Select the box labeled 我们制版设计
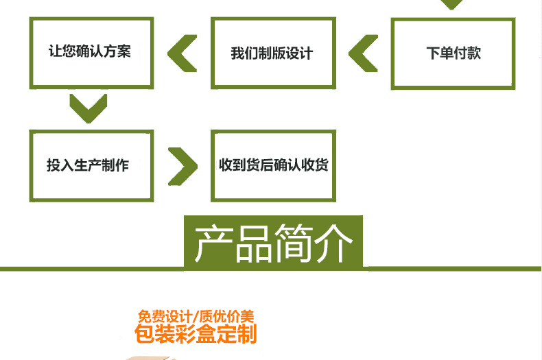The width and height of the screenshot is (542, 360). point(273,53)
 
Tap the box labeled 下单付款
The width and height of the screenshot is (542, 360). point(453,53)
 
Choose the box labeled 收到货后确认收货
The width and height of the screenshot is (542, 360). point(273,165)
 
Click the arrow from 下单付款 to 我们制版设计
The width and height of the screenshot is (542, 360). point(364,53)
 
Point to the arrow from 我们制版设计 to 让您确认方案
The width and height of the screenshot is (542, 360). point(182,53)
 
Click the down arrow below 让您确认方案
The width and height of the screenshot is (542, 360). point(88,108)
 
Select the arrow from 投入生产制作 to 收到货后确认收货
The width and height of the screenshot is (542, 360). point(182,165)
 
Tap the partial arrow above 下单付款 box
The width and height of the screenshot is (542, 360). point(451,4)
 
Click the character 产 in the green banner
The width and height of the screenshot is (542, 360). point(213,243)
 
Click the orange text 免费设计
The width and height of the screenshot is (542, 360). point(165,317)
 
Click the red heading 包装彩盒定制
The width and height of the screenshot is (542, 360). point(196,335)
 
